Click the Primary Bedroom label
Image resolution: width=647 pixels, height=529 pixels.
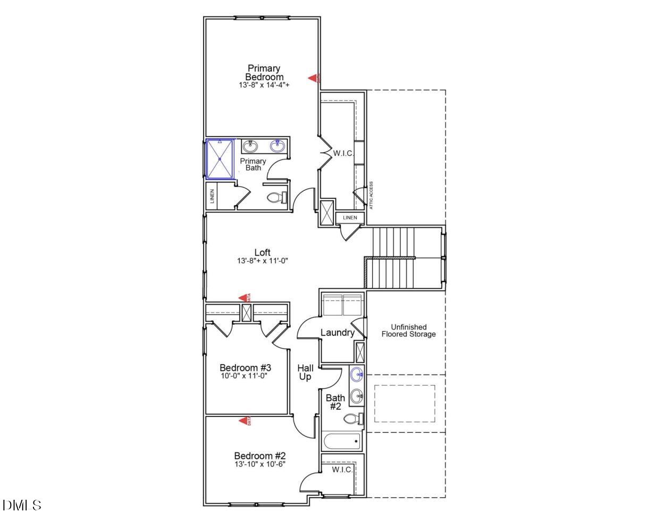pyautogui.click(x=264, y=72)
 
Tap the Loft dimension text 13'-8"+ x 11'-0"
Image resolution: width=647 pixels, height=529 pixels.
pyautogui.click(x=263, y=261)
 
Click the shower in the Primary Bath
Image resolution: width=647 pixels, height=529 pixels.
pyautogui.click(x=220, y=158)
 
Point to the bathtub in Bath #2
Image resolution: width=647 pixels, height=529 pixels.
pyautogui.click(x=342, y=441)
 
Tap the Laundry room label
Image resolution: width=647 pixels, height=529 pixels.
pyautogui.click(x=337, y=333)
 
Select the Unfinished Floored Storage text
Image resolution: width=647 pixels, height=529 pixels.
pyautogui.click(x=408, y=331)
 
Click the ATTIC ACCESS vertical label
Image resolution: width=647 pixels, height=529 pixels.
pyautogui.click(x=371, y=195)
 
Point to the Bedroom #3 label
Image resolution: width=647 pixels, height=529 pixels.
pyautogui.click(x=246, y=368)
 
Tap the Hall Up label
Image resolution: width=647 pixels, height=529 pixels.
pyautogui.click(x=305, y=372)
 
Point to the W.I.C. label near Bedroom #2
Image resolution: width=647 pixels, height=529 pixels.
pyautogui.click(x=342, y=470)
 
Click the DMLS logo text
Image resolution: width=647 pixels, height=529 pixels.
pyautogui.click(x=22, y=505)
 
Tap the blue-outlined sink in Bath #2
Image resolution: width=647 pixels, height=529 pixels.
pyautogui.click(x=357, y=375)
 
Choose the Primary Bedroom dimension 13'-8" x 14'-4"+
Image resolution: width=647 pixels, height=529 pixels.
pyautogui.click(x=264, y=85)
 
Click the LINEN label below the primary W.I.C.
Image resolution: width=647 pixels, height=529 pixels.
pyautogui.click(x=350, y=218)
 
